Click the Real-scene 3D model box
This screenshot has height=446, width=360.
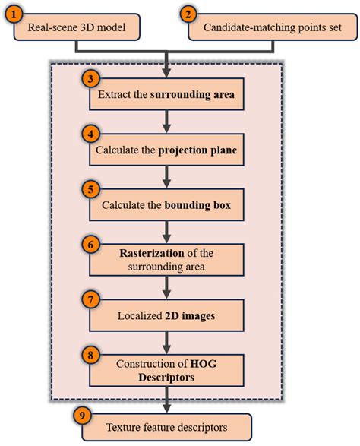pos(76,29)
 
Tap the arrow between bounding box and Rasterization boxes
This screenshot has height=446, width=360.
pos(164,229)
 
